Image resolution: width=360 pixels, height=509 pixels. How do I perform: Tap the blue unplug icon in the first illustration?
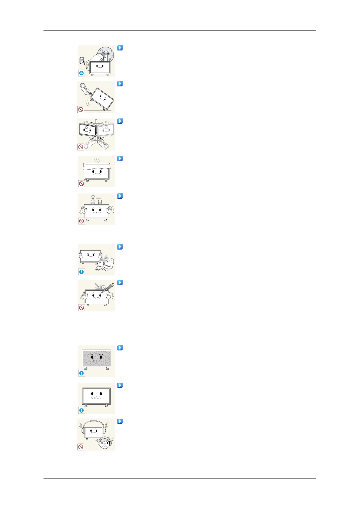click(81, 73)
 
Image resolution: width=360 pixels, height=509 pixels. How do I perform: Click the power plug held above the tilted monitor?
click(85, 88)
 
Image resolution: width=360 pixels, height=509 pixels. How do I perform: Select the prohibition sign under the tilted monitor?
click(81, 109)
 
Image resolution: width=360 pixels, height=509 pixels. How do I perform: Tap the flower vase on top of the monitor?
click(93, 201)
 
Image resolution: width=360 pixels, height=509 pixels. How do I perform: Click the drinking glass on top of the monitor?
click(100, 201)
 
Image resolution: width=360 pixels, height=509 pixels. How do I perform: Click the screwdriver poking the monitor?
click(106, 288)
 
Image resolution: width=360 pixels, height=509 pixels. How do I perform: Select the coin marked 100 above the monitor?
click(103, 287)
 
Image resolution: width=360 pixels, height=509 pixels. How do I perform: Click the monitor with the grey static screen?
click(97, 359)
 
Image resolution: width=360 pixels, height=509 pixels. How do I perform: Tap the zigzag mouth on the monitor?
click(96, 398)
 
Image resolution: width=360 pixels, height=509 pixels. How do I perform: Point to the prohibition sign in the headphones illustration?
click(81, 447)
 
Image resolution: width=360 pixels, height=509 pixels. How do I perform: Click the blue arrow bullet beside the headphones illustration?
click(120, 421)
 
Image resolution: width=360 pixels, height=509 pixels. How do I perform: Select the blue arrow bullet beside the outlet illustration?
click(120, 48)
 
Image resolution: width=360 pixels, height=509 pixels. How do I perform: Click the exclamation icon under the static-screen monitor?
click(81, 373)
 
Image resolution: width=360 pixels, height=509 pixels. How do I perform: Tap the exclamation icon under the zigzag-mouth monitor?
click(81, 410)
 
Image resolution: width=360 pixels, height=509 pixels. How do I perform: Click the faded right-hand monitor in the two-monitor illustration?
click(106, 130)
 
